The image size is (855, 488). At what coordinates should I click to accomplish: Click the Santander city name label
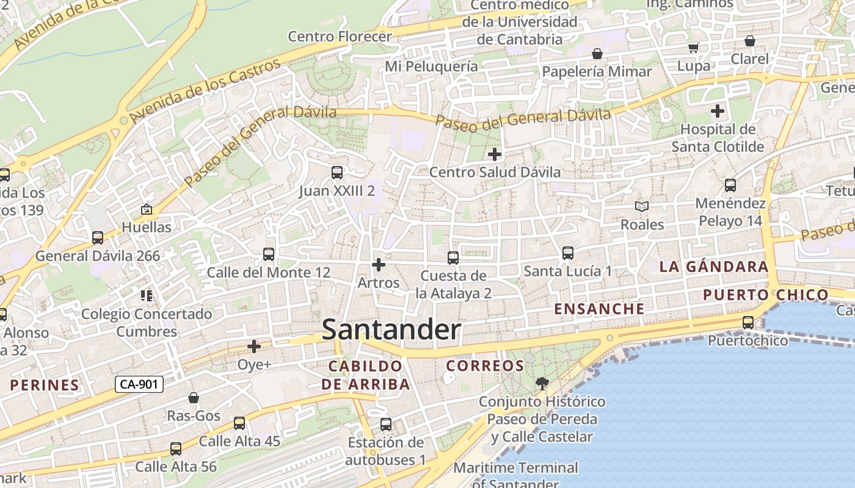391,330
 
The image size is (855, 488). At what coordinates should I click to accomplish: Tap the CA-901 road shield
139,384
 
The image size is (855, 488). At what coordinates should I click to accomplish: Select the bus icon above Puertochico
748,323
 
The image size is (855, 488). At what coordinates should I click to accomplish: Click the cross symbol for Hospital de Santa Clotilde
718,111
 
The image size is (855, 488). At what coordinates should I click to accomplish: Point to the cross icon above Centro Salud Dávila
495,154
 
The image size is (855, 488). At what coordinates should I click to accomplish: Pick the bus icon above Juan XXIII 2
337,173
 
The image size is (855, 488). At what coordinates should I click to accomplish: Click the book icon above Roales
641,207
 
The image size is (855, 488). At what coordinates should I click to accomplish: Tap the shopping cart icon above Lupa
693,48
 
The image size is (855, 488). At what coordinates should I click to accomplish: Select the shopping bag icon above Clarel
749,41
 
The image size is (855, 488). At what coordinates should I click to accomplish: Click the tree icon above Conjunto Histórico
541,384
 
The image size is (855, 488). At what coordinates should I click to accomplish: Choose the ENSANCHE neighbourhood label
599,309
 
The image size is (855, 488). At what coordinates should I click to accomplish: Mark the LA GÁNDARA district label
705,267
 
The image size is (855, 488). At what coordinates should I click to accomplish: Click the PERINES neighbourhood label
45,385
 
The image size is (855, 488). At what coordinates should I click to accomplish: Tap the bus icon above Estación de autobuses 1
385,424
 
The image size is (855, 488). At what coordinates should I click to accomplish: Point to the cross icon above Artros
379,265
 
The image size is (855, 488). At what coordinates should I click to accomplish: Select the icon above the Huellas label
147,209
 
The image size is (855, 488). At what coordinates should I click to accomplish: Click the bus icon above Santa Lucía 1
567,253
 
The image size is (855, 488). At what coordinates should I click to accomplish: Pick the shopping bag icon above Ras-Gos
194,398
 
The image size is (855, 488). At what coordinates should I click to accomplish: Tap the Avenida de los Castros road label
205,88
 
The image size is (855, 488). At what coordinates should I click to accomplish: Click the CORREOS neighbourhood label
485,366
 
